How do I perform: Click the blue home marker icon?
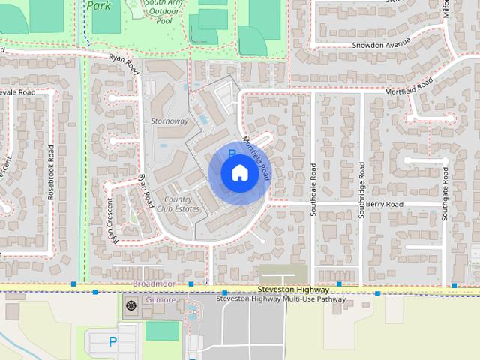coord(239,173)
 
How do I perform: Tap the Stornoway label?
coord(169,121)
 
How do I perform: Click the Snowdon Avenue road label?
coord(382,44)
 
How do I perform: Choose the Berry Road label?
coord(385,204)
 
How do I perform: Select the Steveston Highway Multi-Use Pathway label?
coord(281,299)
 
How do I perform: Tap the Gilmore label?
coord(160,300)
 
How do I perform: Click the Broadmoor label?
coord(153,284)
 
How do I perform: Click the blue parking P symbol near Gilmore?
coord(113,342)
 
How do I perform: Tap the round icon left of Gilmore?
coord(132,305)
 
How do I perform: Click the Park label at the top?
coord(98,5)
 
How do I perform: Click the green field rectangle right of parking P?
coord(163,331)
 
